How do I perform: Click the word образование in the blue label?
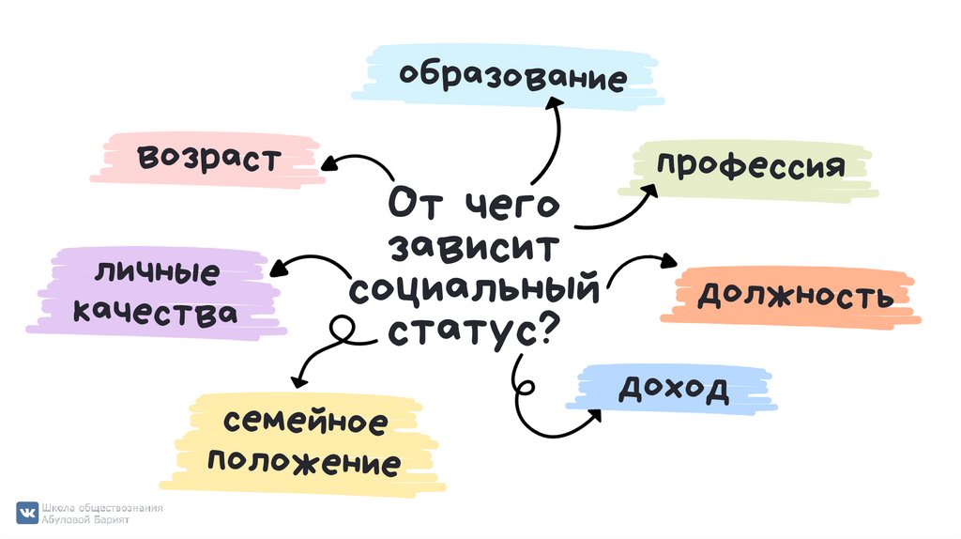pos(511,76)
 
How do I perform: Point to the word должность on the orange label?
pos(794,296)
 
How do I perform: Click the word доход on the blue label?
pos(673,388)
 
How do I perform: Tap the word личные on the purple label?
pos(157,275)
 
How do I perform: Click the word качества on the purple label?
pos(154,314)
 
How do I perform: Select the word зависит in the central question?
pos(475,248)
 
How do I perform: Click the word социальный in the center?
pos(475,288)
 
